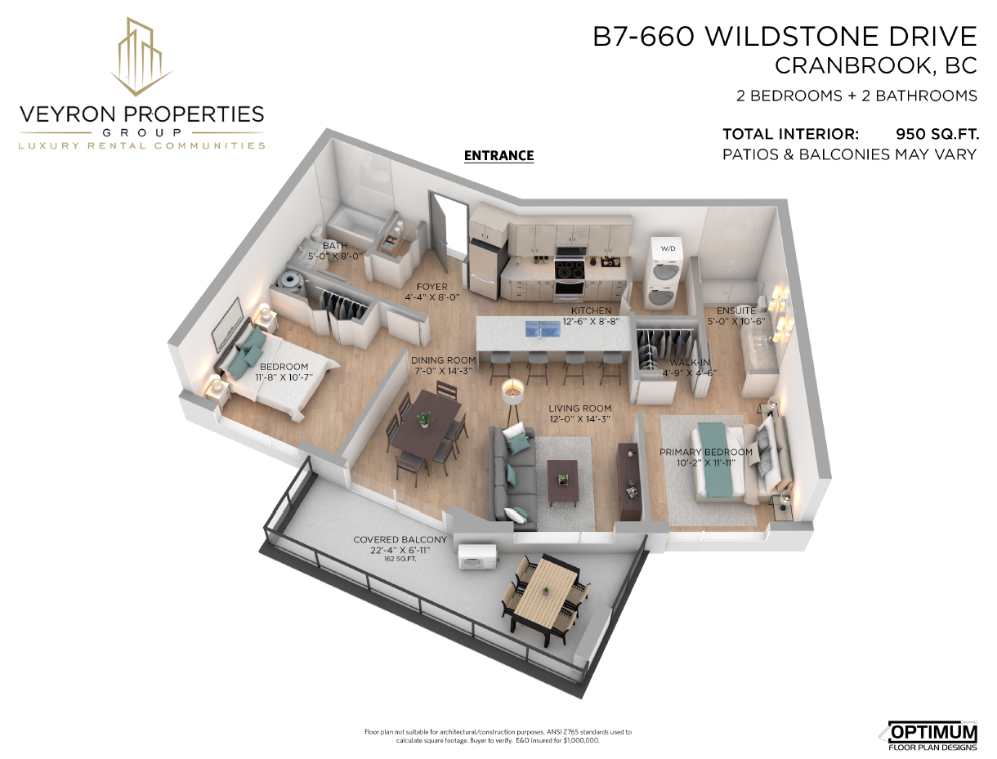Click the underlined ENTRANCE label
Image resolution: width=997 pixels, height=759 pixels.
[x=499, y=156]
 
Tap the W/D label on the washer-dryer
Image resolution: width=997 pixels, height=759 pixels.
[x=668, y=248]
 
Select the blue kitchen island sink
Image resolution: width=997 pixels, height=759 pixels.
[x=543, y=328]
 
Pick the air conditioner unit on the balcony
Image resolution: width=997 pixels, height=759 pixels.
[x=477, y=556]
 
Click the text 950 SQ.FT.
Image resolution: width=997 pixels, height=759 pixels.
[x=937, y=134]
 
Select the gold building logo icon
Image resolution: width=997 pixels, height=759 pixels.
[x=141, y=56]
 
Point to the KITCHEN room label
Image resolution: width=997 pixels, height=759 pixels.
[x=591, y=311]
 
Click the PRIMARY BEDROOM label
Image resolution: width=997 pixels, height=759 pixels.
[x=706, y=452]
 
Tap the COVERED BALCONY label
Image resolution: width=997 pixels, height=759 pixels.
[x=400, y=540]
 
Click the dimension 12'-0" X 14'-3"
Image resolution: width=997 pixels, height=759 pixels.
[x=579, y=419]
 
